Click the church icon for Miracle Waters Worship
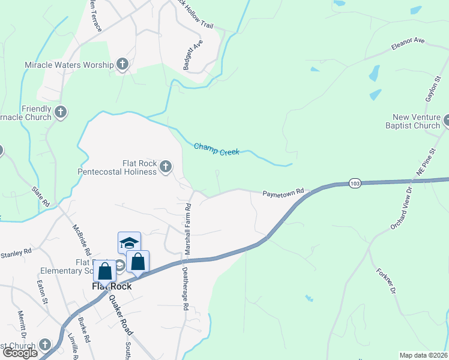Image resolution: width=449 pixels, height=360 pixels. coord(122,64)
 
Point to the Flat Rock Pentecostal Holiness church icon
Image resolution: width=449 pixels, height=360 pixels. coord(165,167)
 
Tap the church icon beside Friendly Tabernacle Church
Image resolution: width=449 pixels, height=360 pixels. coord(60,112)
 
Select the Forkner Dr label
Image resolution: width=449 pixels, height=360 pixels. coord(386,281)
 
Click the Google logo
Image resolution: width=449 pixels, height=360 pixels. coord(20,353)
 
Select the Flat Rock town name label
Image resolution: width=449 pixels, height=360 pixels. coord(111,286)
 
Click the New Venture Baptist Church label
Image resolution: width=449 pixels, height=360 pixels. coord(416,122)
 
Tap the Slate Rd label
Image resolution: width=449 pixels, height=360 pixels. coord(41,198)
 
